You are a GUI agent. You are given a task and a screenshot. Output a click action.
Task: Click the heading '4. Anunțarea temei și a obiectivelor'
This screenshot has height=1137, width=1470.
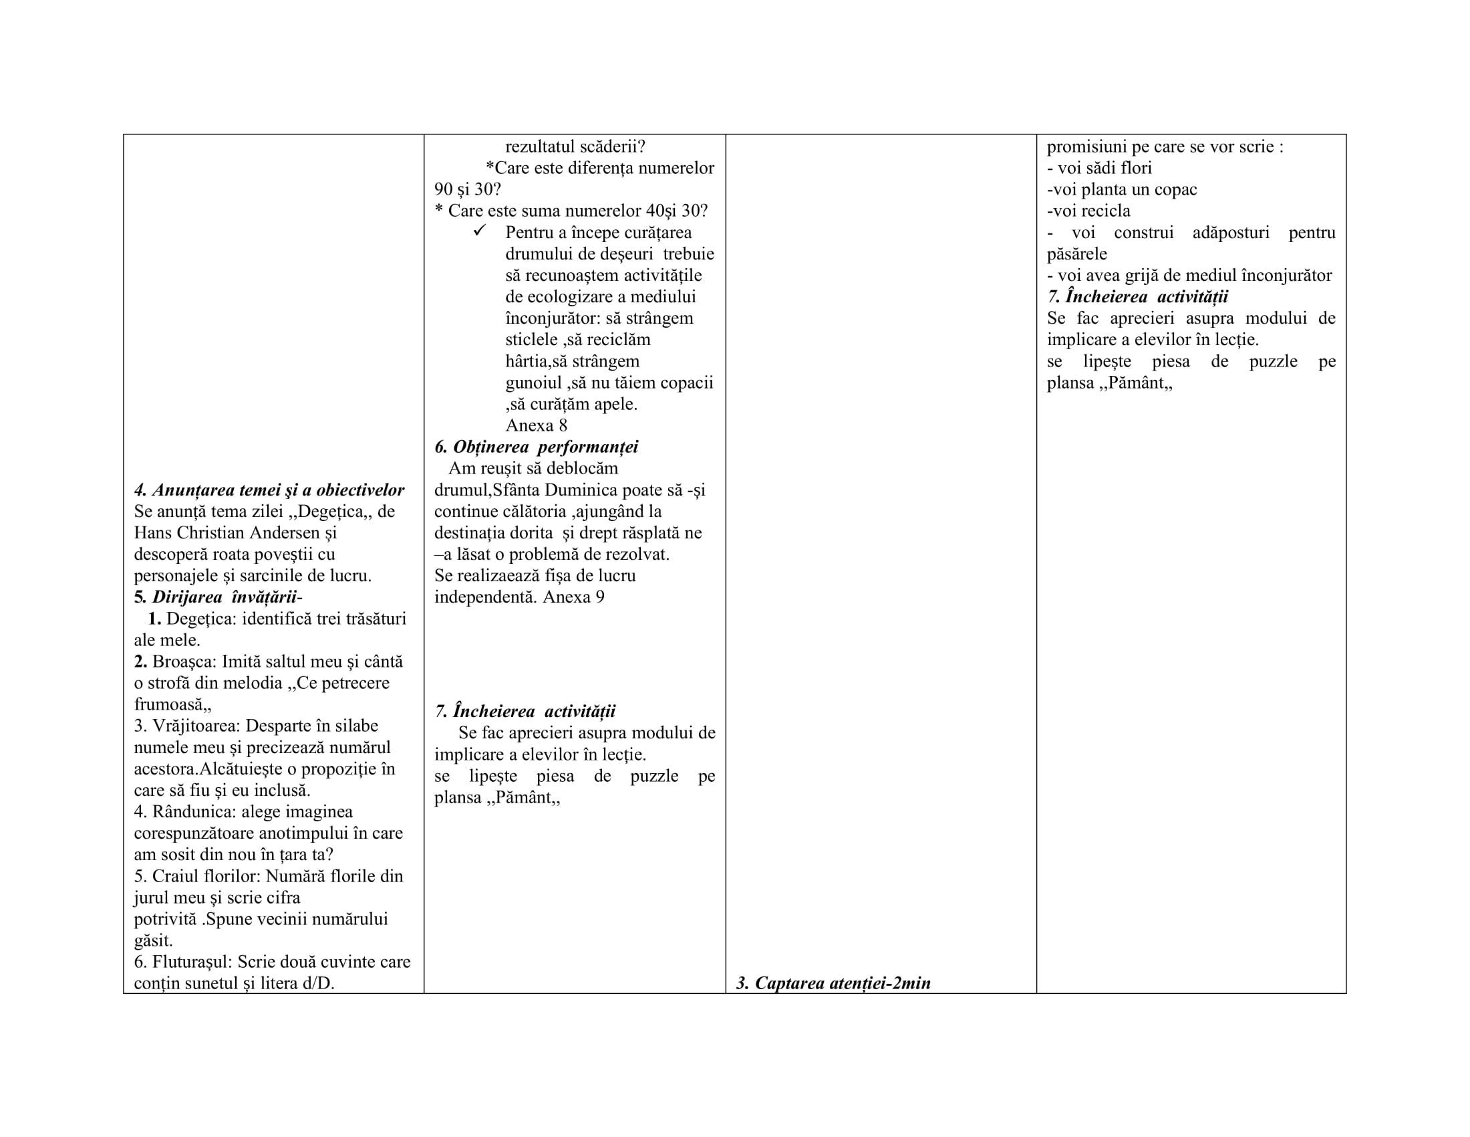pos(269,490)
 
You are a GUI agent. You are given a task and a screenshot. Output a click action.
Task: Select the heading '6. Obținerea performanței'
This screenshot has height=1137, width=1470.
pos(536,447)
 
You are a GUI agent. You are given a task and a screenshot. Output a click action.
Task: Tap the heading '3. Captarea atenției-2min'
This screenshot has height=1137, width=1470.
pos(833,983)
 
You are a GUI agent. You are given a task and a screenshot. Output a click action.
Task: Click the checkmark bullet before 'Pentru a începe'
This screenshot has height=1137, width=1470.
pos(480,231)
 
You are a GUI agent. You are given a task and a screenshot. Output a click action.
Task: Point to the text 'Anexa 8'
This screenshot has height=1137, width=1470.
pos(536,425)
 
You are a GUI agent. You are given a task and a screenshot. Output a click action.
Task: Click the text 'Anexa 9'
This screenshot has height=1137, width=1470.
pos(573,597)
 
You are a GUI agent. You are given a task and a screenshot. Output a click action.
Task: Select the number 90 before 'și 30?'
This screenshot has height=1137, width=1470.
pos(443,189)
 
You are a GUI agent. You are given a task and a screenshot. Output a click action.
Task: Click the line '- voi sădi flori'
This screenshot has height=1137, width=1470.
pos(1099,168)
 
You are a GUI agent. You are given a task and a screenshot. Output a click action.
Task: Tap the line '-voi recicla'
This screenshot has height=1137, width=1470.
pos(1088,211)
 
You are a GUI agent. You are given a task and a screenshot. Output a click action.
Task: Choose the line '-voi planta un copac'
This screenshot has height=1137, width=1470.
pos(1121,189)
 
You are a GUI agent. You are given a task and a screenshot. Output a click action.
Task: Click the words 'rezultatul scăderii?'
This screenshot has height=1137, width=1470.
pos(575,146)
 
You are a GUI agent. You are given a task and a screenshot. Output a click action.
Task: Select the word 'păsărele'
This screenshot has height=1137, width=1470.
pos(1076,254)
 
